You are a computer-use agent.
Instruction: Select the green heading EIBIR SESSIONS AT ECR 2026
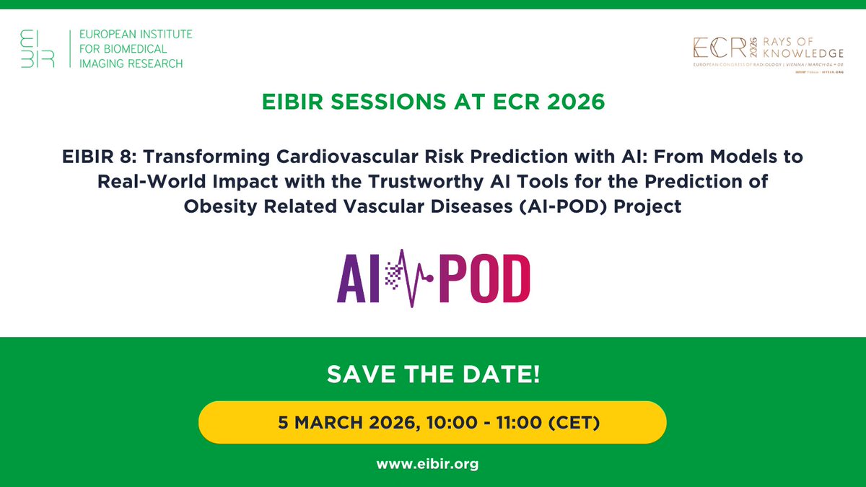pos(432,102)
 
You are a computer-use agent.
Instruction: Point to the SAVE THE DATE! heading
pos(432,375)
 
